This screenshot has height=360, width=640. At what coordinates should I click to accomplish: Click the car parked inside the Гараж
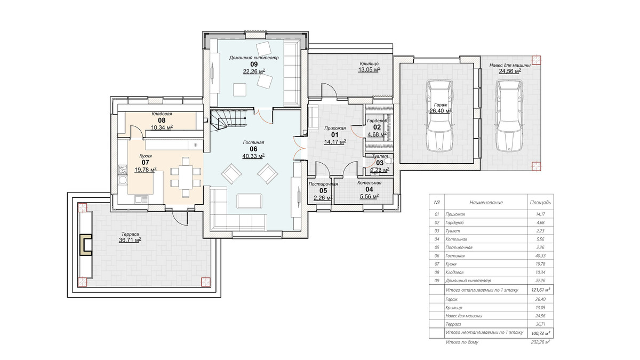coord(439,115)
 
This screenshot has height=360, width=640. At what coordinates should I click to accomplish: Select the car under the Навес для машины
coord(509,115)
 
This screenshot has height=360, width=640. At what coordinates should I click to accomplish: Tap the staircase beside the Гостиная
coord(228,121)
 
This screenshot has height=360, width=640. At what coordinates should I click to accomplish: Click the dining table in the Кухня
coord(186,177)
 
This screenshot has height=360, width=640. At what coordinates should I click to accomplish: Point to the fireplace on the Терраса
coord(85,245)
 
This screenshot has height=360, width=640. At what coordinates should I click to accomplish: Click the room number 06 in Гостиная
coord(253,149)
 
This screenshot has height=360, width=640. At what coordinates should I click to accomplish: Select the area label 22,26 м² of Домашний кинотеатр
coord(254,71)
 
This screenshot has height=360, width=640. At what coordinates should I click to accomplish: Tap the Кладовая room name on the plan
coord(162,114)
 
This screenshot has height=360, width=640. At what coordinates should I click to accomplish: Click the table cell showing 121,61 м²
coord(541,290)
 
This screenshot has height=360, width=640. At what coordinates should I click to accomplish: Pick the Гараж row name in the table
coord(451,299)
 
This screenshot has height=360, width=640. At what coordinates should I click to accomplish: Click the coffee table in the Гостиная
coord(250,202)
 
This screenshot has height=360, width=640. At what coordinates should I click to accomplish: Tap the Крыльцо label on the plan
coord(369,63)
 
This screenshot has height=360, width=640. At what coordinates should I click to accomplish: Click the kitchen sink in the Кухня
coord(142,199)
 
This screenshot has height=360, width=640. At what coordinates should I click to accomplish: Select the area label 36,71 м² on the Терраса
coord(130,240)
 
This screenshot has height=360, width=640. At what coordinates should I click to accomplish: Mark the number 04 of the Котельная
coord(369,189)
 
